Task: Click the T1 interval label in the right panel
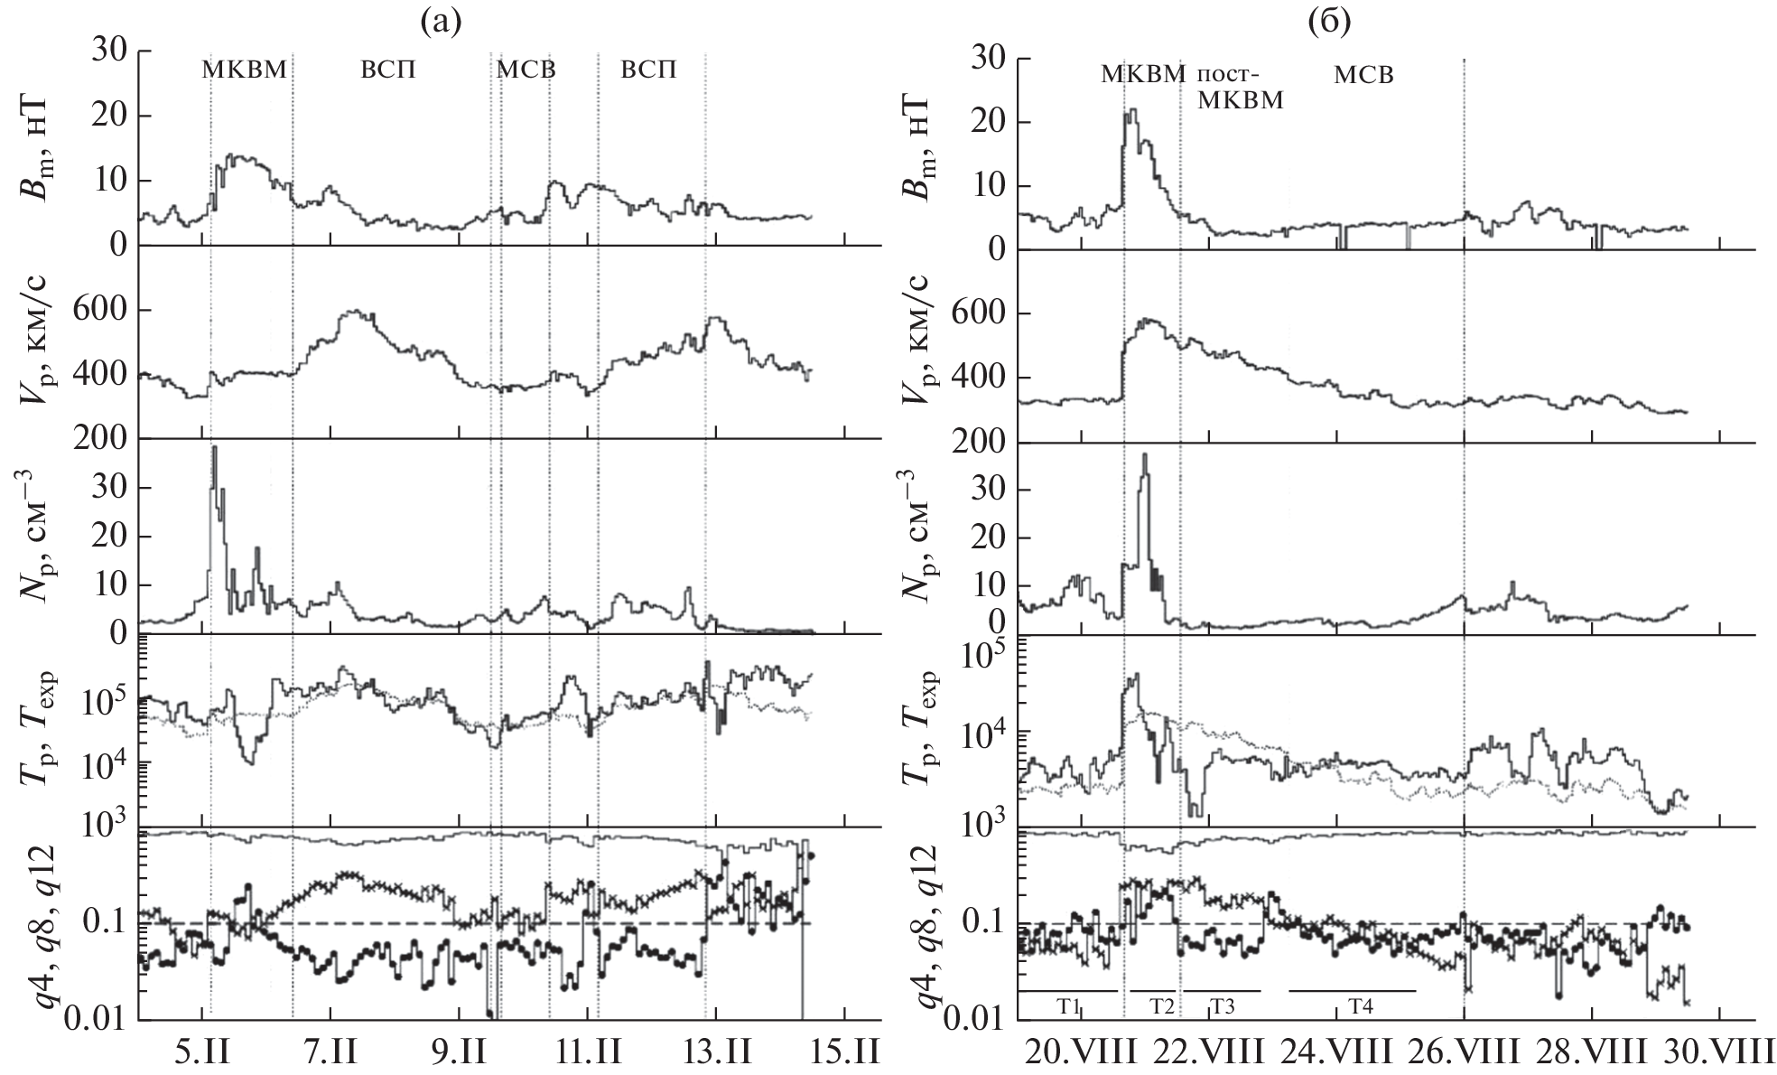tap(1069, 1005)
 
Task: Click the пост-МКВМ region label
tap(1240, 87)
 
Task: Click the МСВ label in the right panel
tap(1364, 75)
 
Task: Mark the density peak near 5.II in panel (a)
tap(214, 448)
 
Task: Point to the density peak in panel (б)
tap(1145, 454)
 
